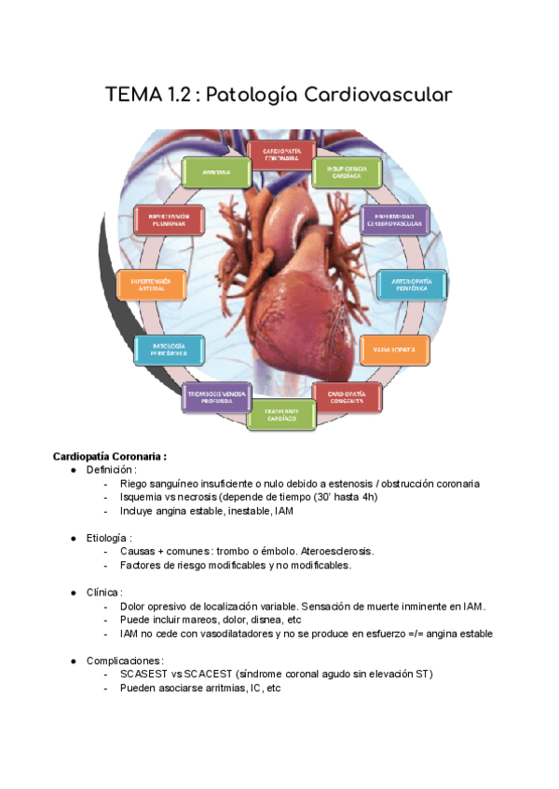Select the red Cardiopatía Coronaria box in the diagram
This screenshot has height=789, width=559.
pos(280,154)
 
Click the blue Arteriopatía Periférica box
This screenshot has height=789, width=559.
pos(411,285)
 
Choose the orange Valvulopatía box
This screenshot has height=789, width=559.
pos(395,349)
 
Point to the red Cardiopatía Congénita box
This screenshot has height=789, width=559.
pos(348,398)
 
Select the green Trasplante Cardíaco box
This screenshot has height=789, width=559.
pos(280,415)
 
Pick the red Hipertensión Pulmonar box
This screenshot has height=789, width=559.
pos(168,221)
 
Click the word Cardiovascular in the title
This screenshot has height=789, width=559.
pos(373,95)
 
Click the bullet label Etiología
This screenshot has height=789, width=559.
pos(108,538)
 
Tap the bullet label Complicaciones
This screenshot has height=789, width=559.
pos(120,660)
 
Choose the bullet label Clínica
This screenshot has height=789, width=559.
pos(103,592)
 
